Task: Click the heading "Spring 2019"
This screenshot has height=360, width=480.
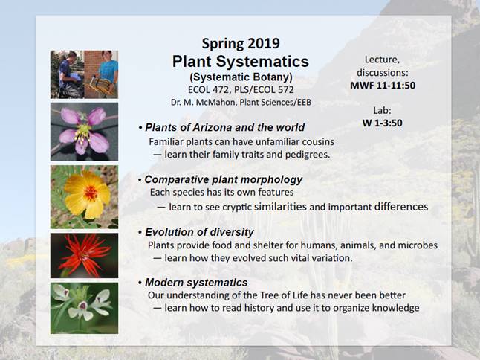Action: click(x=241, y=43)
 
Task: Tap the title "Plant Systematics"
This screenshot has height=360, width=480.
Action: click(x=241, y=61)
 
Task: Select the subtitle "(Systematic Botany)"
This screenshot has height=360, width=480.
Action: click(x=241, y=77)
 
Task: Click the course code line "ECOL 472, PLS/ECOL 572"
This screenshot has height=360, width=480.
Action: click(x=241, y=89)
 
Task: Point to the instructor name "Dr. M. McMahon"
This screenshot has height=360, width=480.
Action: click(x=204, y=102)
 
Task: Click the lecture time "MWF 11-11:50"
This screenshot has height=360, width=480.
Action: click(x=383, y=86)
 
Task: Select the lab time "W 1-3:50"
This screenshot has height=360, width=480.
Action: click(x=382, y=123)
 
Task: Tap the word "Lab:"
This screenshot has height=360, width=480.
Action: click(x=382, y=110)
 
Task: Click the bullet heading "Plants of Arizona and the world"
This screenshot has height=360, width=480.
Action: click(x=224, y=127)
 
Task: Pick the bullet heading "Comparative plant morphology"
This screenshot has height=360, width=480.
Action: click(x=224, y=179)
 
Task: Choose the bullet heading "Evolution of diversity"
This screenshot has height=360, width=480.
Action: click(x=199, y=232)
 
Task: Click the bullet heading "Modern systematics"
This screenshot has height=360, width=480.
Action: click(x=196, y=283)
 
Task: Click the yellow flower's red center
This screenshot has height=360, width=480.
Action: click(x=91, y=193)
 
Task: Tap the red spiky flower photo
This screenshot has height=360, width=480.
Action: click(x=84, y=256)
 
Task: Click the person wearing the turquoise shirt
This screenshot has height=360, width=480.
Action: click(x=108, y=72)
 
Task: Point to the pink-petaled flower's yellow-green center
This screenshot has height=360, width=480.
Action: click(x=83, y=131)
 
